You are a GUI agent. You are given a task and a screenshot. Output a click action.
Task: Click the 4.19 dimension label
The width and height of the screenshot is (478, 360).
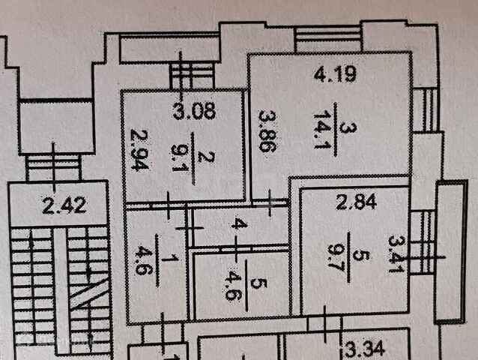[x=330, y=74]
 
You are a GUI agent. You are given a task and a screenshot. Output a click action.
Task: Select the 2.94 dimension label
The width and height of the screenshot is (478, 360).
[x=137, y=151]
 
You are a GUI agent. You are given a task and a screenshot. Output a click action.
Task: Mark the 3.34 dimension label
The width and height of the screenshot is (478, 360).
[x=364, y=349]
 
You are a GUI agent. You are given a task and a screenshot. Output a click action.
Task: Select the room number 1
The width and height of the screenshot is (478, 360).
[x=175, y=259]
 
